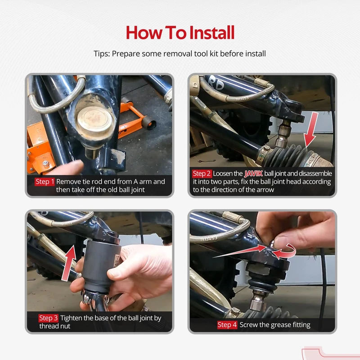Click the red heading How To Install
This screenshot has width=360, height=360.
[x=180, y=32]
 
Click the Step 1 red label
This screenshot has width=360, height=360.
[x=45, y=182]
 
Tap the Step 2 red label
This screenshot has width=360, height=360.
[x=202, y=174]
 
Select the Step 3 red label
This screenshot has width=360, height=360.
[x=48, y=318]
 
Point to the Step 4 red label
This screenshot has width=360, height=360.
[x=227, y=325]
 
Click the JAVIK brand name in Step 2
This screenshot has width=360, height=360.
[x=253, y=174]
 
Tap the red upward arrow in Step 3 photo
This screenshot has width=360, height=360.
[x=69, y=263]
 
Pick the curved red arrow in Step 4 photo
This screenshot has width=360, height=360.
[x=286, y=252]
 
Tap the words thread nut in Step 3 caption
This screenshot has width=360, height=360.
[x=54, y=326]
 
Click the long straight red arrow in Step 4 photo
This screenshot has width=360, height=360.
[x=240, y=252]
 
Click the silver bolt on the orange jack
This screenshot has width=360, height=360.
[x=46, y=164]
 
